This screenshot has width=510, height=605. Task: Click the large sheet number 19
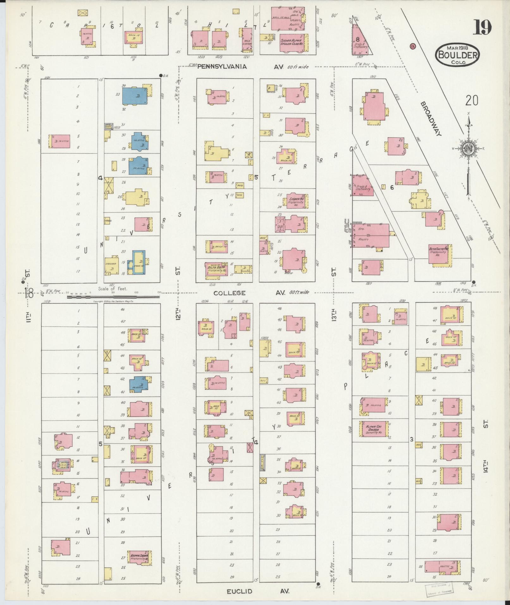click(x=482, y=27)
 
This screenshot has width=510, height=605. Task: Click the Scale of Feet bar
click(x=113, y=297)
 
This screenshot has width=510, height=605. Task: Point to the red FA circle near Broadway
click(x=413, y=46)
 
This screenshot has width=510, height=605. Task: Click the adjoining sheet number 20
click(x=471, y=101)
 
